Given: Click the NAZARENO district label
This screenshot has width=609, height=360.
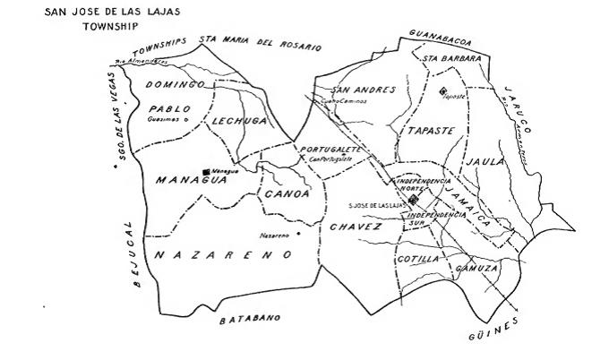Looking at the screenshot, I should [x=223, y=255].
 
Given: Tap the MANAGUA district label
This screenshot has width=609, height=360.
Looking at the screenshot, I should [x=188, y=180].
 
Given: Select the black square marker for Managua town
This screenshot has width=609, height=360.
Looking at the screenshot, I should [x=207, y=169].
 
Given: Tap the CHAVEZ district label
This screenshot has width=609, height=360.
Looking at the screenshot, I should [x=356, y=227].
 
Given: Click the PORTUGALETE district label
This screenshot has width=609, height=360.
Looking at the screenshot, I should [x=331, y=149].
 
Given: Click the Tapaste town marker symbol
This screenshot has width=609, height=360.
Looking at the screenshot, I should [x=442, y=90].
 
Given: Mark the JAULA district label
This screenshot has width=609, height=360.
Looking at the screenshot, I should [x=484, y=161].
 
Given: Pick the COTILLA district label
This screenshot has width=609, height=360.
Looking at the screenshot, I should [x=417, y=259].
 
